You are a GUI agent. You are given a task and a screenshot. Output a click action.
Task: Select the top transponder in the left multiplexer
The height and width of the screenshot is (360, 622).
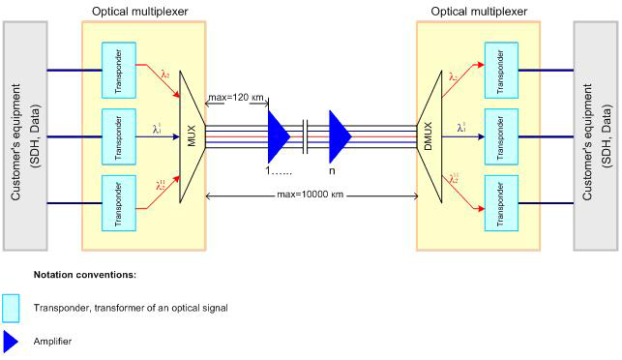pyautogui.click(x=118, y=69)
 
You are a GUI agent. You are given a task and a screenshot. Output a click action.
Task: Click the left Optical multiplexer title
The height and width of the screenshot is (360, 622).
pyautogui.click(x=141, y=11)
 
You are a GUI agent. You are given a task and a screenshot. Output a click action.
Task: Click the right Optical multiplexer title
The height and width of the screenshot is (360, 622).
pyautogui.click(x=477, y=11)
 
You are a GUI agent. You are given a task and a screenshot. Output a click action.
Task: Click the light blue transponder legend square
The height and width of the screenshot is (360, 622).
pyautogui.click(x=12, y=307)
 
